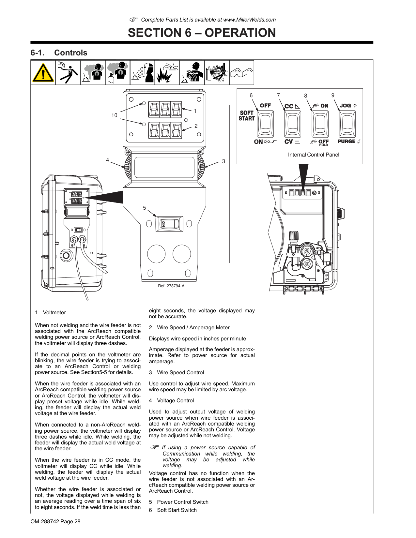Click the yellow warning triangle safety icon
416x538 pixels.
click(x=43, y=73)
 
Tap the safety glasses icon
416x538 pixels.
click(x=241, y=73)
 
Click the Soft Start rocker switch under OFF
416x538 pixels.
click(x=265, y=124)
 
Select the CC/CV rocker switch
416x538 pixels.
click(x=293, y=124)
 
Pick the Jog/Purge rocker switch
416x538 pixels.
click(x=347, y=124)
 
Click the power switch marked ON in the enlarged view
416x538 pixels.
click(x=169, y=224)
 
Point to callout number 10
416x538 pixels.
click(x=114, y=115)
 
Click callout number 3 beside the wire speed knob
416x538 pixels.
click(x=223, y=161)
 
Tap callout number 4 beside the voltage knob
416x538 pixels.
click(x=107, y=160)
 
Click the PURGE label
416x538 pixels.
click(x=347, y=142)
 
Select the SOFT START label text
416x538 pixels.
click(x=247, y=116)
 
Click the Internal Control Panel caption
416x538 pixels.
click(x=313, y=155)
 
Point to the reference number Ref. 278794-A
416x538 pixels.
click(x=171, y=286)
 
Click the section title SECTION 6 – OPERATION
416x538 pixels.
click(x=202, y=33)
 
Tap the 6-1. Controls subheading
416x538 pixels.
click(x=59, y=53)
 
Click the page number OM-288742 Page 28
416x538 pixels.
click(x=55, y=521)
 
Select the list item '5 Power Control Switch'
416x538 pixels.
click(x=178, y=502)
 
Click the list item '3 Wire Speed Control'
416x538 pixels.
click(x=176, y=372)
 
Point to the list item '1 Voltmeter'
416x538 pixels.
click(x=51, y=312)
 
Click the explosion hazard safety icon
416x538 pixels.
click(x=167, y=73)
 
